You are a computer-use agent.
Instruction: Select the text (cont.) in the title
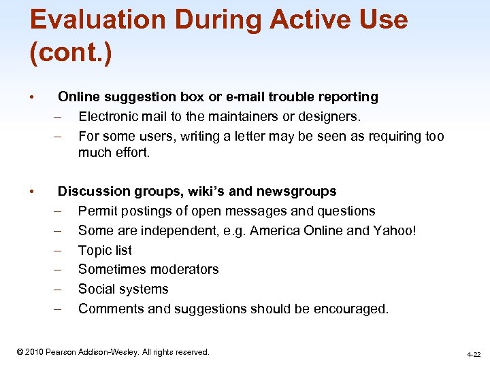point(71,52)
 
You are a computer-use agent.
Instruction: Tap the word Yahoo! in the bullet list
point(395,230)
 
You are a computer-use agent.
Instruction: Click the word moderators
point(182,269)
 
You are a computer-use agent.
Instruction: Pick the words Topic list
point(105,250)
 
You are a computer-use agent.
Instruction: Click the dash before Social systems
point(59,289)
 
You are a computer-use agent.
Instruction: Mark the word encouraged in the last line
point(353,309)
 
